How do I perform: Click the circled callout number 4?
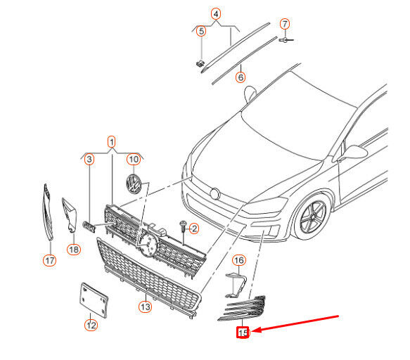216,14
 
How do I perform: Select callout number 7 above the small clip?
285,24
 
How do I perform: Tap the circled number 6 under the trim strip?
241,77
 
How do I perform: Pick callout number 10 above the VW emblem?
134,159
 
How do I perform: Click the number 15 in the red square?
243,333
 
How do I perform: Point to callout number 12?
91,326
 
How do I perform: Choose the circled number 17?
49,260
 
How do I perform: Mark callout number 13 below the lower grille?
146,307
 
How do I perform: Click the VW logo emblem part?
134,184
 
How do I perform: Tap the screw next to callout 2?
183,226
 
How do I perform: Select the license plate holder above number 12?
94,300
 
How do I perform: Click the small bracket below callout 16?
236,285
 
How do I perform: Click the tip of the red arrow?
252,330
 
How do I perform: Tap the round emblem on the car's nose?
215,194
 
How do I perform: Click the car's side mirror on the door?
352,153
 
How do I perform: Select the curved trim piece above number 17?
48,212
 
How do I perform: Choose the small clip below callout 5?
200,63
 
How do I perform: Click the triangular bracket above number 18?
70,215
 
